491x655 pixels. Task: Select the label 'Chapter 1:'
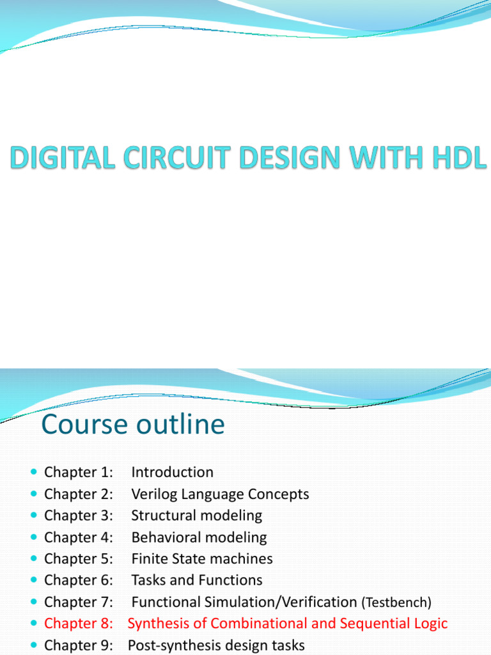click(x=79, y=473)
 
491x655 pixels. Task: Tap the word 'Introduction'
click(x=172, y=473)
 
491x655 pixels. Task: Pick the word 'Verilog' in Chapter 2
click(x=155, y=494)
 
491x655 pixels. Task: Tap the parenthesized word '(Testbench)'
click(x=396, y=603)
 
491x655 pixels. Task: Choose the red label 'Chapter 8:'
click(x=79, y=624)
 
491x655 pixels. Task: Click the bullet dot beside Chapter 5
click(x=34, y=559)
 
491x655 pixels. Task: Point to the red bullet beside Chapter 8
click(x=34, y=624)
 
